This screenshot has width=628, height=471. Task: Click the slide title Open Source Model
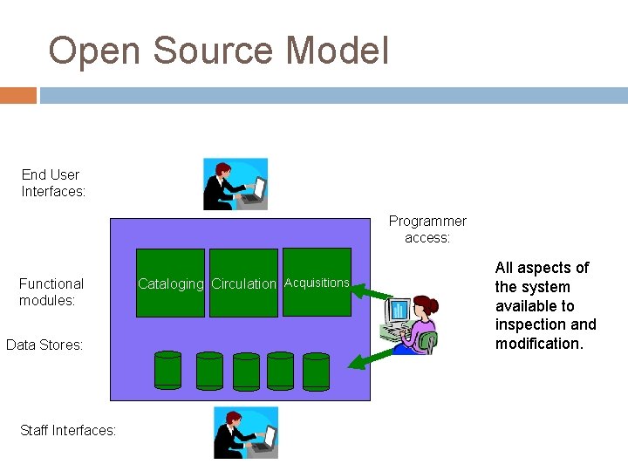(x=218, y=51)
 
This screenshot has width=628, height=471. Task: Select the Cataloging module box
(x=171, y=283)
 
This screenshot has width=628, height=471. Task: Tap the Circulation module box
(x=243, y=283)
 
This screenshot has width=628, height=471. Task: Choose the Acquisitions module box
(x=317, y=283)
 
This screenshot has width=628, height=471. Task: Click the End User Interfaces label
(x=53, y=183)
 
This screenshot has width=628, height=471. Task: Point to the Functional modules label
(x=51, y=291)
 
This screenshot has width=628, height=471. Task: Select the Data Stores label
(x=44, y=345)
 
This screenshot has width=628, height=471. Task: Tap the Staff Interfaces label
(x=67, y=430)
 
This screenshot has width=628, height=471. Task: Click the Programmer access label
(x=427, y=229)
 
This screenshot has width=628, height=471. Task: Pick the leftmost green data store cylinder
(x=167, y=370)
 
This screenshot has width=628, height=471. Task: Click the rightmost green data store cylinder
(x=316, y=370)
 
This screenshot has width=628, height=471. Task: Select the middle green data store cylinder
(x=246, y=370)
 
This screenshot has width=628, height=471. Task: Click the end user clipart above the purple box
(x=235, y=184)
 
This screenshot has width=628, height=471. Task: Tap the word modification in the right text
(x=537, y=344)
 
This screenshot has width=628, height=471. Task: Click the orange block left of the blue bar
(x=18, y=95)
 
